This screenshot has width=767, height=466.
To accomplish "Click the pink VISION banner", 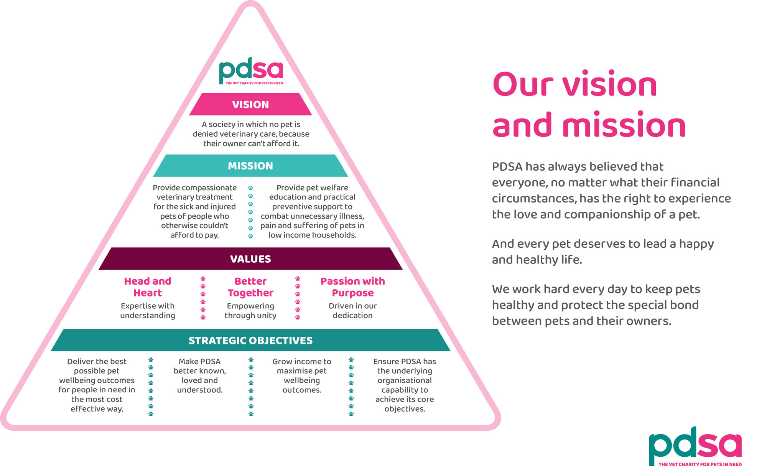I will pos(250,104).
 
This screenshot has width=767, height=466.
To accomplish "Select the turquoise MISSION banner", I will pos(250,166).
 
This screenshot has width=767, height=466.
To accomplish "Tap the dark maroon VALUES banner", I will pos(250,259).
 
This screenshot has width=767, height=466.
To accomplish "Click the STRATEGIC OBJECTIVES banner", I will pos(250,340).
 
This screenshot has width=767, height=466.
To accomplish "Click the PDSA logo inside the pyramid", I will pos(251,71).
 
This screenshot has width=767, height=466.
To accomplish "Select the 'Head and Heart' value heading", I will pos(148,287).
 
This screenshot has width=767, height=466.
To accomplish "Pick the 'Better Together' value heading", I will pos(250,287).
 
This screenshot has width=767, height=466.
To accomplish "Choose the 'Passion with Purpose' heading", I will pos(353,287).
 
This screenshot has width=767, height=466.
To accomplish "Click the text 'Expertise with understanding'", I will pos(148,311).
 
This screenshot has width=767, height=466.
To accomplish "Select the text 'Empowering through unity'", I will pos(250,311).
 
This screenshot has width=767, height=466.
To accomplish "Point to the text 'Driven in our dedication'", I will pos(353,311).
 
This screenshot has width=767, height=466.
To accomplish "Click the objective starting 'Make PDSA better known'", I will pos(200,375).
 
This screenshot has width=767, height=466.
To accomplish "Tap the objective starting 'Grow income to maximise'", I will pos(302,375).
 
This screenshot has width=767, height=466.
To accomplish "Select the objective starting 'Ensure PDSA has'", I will pos(405,385).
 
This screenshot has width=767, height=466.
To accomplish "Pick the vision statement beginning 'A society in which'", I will pos(251,134).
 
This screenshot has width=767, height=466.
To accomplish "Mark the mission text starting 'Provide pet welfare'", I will pos(312,211).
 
